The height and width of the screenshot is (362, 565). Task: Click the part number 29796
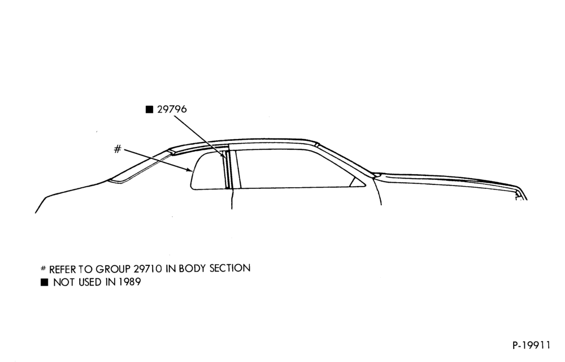[x=172, y=109]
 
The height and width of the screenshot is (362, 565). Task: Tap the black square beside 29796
[x=149, y=109]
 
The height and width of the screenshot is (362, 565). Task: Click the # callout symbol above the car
[x=118, y=149]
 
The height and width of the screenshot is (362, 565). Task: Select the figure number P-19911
[x=531, y=346]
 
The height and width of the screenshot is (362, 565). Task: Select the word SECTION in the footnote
[x=230, y=268]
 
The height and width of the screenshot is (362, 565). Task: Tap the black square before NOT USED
[x=44, y=282]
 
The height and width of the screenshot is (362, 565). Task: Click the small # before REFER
[x=44, y=268]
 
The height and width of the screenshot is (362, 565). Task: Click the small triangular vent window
[x=358, y=183]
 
